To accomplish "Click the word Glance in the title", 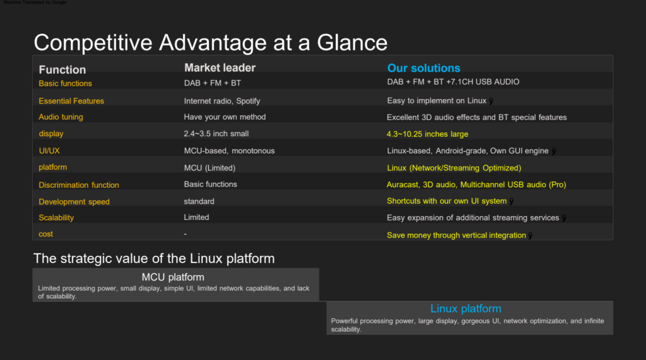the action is (x=352, y=42).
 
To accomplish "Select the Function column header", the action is (x=62, y=69).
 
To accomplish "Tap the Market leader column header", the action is (x=220, y=67).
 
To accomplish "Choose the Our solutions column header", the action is (x=423, y=68).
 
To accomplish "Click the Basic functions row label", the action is (x=65, y=83).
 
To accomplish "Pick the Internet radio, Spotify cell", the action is (x=221, y=101).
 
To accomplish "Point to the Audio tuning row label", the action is (x=61, y=117).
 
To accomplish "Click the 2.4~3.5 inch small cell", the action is (x=216, y=134).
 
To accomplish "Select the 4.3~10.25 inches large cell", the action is (x=427, y=134).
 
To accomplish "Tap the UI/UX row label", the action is (x=49, y=151).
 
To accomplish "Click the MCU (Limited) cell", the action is (x=209, y=168).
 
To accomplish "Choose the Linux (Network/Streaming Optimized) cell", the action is (x=454, y=168).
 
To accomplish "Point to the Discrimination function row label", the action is (x=79, y=185).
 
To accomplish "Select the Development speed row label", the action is (x=74, y=202).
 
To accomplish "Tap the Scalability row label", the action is (x=56, y=218).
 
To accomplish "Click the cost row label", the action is (x=45, y=234).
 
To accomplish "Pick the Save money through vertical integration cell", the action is (x=456, y=235).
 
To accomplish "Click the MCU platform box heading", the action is (x=173, y=277).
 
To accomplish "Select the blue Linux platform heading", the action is (x=466, y=308).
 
